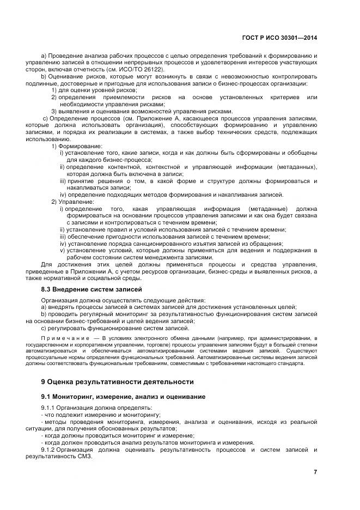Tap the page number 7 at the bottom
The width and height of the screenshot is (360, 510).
[315, 472]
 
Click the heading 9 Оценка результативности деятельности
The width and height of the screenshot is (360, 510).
[117, 381]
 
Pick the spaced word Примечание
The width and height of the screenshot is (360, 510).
[61, 337]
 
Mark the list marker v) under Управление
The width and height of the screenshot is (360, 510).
[63, 251]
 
